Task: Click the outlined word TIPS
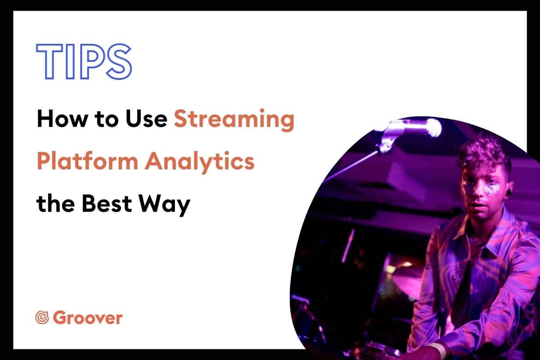point(84,62)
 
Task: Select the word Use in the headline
point(146,119)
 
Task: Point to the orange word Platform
point(88,161)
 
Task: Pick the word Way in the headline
point(164,205)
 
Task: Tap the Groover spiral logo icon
point(42,317)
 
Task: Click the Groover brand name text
point(88,318)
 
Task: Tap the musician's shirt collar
point(496,237)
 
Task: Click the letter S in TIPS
point(119,62)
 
